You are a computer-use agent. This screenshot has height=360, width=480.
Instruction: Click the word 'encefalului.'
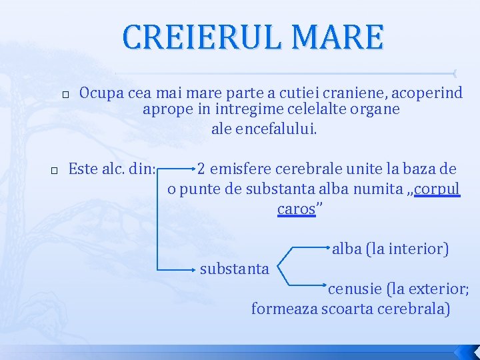pos(265,129)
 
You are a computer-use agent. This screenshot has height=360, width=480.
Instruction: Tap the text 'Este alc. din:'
pos(113,169)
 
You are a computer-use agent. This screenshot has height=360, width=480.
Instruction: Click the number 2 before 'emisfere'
pos(201,169)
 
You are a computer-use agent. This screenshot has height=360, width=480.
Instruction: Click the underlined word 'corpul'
pos(437,189)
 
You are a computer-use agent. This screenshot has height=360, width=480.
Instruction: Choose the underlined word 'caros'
pos(296,209)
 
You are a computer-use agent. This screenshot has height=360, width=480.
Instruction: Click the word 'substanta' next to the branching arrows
pos(235,269)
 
